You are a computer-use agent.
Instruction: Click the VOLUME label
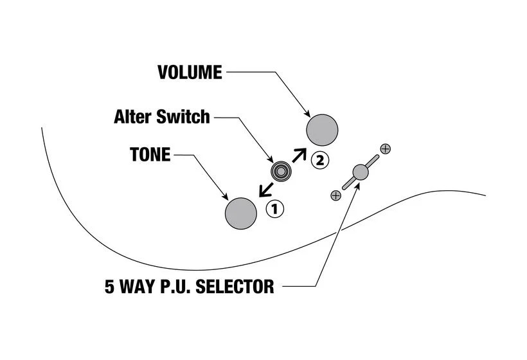pyautogui.click(x=190, y=72)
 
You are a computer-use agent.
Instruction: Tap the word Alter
pyautogui.click(x=133, y=116)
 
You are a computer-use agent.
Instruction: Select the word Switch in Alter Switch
pyautogui.click(x=183, y=116)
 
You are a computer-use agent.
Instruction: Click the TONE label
pyautogui.click(x=150, y=155)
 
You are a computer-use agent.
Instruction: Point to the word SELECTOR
pyautogui.click(x=235, y=287)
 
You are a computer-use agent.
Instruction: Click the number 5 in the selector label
pyautogui.click(x=109, y=287)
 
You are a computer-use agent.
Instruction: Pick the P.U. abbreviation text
pyautogui.click(x=174, y=287)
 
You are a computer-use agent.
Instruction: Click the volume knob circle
pyautogui.click(x=322, y=130)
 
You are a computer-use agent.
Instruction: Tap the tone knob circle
pyautogui.click(x=241, y=213)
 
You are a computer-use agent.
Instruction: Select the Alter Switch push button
pyautogui.click(x=281, y=172)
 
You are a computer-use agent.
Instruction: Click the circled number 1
pyautogui.click(x=275, y=209)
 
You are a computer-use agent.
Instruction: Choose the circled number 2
pyautogui.click(x=320, y=160)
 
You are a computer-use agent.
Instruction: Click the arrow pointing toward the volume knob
pyautogui.click(x=299, y=156)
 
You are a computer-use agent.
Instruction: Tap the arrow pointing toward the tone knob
pyautogui.click(x=265, y=190)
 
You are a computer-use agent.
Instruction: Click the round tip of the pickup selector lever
pyautogui.click(x=361, y=172)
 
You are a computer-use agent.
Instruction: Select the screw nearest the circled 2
pyautogui.click(x=385, y=149)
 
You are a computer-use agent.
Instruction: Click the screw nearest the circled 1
pyautogui.click(x=335, y=195)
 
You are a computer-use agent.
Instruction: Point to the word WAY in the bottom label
pyautogui.click(x=137, y=287)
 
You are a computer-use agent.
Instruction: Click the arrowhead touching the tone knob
pyautogui.click(x=225, y=197)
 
